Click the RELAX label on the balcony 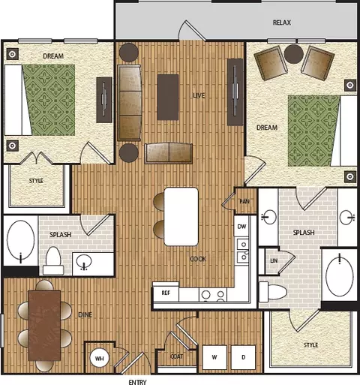pos(282,23)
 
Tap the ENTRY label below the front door pos(137,382)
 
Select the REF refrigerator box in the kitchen pos(166,293)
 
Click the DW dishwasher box pos(241,227)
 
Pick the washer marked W pos(214,357)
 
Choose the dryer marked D pos(243,357)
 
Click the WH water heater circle pos(100,359)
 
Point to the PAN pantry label pos(244,201)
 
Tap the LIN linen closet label pos(274,260)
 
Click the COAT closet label pos(176,356)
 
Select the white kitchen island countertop pos(181,217)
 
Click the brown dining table pos(44,325)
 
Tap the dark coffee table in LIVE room pos(168,97)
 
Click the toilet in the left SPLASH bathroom pos(52,260)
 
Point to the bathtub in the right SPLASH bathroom pos(340,275)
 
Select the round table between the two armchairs pos(294,54)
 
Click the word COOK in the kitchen pos(198,259)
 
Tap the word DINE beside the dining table pos(85,314)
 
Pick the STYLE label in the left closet pos(36,181)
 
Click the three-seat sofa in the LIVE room pos(129,103)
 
